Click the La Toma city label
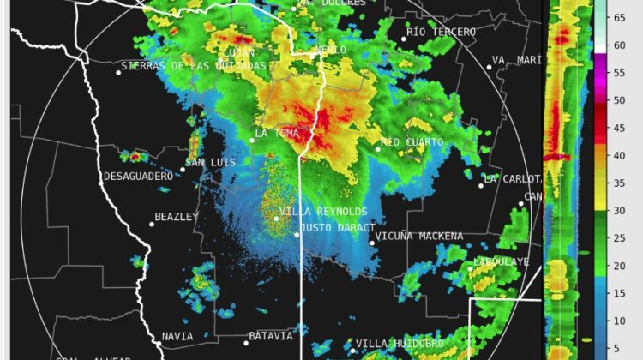[278, 134]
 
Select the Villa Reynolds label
[324, 212]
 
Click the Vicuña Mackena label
[420, 237]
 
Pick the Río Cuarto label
[413, 142]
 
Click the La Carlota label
[514, 179]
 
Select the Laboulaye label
[502, 261]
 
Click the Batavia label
[271, 336]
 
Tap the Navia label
[177, 337]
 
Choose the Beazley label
[177, 217]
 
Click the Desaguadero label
[138, 177]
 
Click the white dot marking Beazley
[152, 225]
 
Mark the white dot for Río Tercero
[404, 39]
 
